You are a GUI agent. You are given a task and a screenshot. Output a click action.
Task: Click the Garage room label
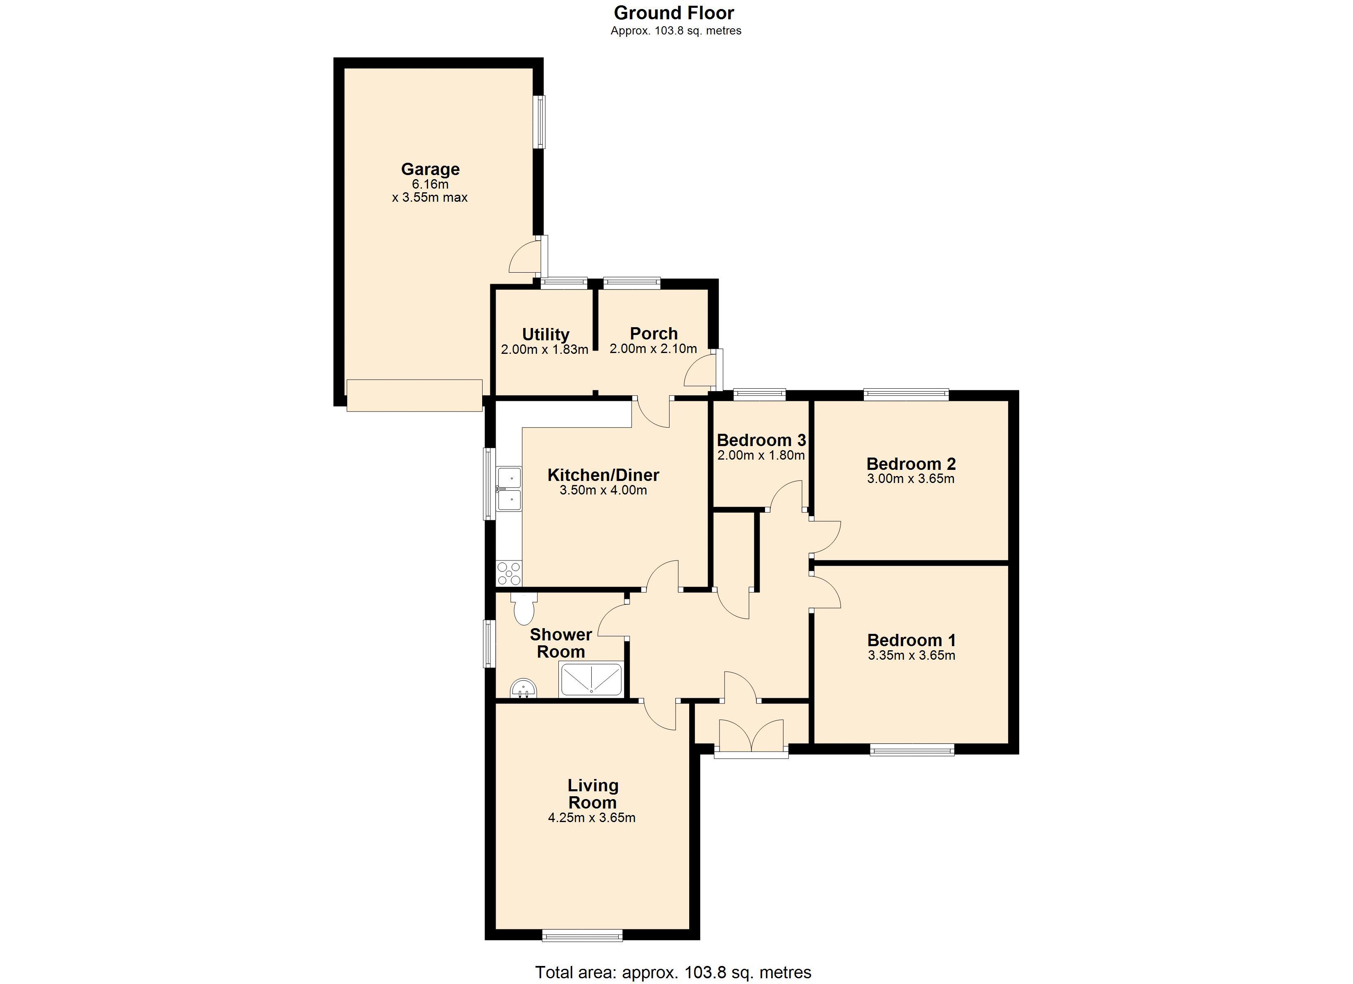[430, 169]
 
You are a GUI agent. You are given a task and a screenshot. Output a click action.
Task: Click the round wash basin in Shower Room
[524, 689]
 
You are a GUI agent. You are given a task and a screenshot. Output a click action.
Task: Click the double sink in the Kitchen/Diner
[509, 489]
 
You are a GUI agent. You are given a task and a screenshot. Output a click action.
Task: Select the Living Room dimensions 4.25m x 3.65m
[591, 818]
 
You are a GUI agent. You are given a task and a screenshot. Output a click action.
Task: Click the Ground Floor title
[674, 13]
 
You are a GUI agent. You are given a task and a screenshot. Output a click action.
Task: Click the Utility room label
[545, 334]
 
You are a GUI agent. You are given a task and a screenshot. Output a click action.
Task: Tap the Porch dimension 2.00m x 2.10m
[653, 348]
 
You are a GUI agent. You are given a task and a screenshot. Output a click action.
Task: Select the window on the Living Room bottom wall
[582, 936]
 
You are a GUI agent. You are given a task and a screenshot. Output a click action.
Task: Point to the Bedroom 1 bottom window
[911, 750]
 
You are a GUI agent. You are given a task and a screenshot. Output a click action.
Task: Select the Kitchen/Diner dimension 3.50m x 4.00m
[603, 490]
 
